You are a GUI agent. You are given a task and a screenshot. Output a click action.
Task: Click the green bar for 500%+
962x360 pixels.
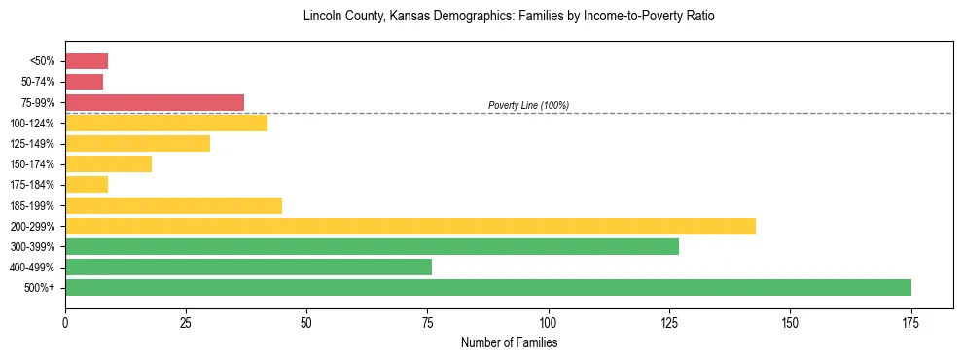[x=487, y=287]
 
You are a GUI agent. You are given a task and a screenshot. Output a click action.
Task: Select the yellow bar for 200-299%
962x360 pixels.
[x=410, y=226]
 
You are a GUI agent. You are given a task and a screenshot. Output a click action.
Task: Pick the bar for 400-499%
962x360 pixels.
[x=248, y=267]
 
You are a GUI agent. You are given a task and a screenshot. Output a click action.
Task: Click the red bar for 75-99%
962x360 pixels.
[x=154, y=102]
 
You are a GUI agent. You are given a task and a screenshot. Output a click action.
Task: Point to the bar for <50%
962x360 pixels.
[x=87, y=61]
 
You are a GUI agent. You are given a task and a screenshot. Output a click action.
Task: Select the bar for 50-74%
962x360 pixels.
[x=84, y=82]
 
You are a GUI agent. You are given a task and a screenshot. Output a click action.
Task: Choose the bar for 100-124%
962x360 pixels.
[x=165, y=123]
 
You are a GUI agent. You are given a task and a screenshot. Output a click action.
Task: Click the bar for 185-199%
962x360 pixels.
[x=173, y=205]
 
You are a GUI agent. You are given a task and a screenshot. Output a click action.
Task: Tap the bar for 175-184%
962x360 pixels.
[x=87, y=185]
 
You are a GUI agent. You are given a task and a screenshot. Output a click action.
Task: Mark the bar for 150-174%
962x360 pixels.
[x=108, y=163]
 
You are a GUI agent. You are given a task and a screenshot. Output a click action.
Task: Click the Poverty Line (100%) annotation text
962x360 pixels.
[x=528, y=105]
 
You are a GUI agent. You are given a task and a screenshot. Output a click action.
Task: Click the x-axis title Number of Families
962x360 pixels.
[x=509, y=342]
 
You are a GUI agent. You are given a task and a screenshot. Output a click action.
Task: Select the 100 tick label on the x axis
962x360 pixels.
[x=549, y=322]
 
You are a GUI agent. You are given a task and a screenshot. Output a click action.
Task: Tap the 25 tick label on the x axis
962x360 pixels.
[x=186, y=322]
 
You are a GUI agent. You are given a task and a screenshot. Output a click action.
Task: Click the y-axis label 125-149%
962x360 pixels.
[x=32, y=144]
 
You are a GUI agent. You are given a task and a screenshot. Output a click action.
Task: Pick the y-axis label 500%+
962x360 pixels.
[x=40, y=288]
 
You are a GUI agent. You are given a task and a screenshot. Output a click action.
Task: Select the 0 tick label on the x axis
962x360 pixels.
[x=65, y=322]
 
